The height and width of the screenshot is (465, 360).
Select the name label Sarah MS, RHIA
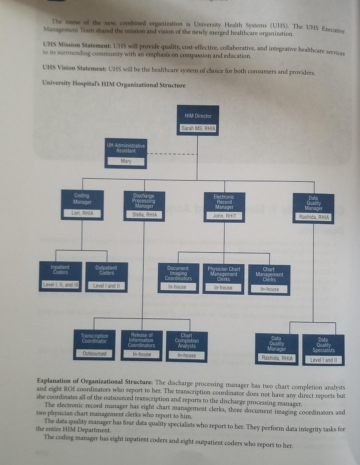point(198,128)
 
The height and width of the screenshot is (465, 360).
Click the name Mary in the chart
point(126,161)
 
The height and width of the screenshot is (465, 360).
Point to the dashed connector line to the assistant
point(172,154)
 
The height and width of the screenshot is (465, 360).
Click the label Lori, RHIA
point(82,213)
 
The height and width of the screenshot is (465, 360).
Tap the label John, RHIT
point(224,216)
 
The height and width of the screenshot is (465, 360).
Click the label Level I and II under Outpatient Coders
point(106,286)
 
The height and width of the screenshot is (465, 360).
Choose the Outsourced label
point(94,354)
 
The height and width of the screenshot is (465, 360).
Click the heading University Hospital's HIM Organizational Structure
point(114,84)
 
